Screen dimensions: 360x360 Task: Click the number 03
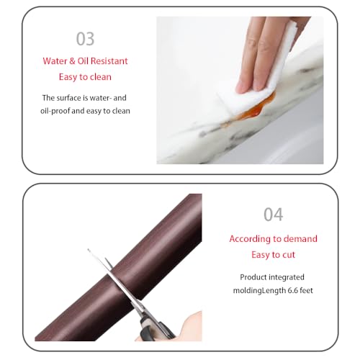pos(85,39)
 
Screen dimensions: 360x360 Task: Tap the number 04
pos(274,215)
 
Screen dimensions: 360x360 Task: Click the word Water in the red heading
pos(55,61)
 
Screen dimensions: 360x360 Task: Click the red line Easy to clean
pos(85,77)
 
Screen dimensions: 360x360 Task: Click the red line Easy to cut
pos(274,255)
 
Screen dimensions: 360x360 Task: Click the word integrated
pos(287,277)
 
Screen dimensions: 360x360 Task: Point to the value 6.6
pos(292,291)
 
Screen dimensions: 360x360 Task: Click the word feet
pos(306,291)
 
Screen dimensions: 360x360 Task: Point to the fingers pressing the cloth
pos(261,55)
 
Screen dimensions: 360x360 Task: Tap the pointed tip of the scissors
pos(88,250)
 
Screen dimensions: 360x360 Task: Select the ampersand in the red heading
pos(72,61)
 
